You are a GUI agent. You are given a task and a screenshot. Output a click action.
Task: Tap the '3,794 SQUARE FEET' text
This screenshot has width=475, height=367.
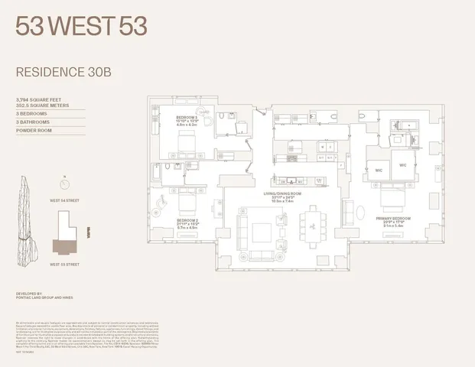pos(38,99)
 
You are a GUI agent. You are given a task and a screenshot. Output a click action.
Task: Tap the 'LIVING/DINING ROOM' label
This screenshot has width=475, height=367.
pos(291,193)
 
